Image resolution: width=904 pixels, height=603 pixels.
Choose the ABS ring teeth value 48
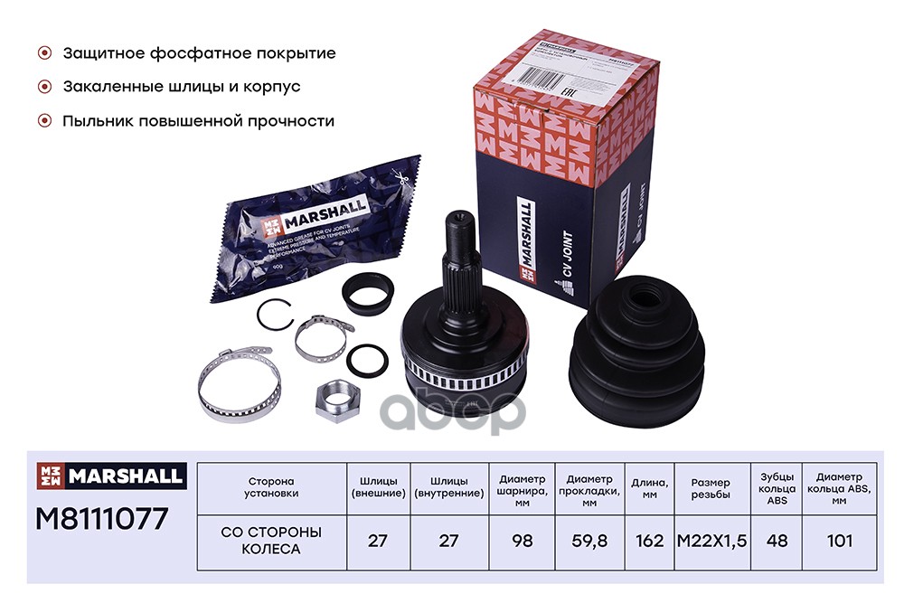click(777, 541)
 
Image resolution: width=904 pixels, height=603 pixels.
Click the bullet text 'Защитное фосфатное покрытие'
click(199, 53)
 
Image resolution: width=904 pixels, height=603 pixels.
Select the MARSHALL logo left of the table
click(110, 475)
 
